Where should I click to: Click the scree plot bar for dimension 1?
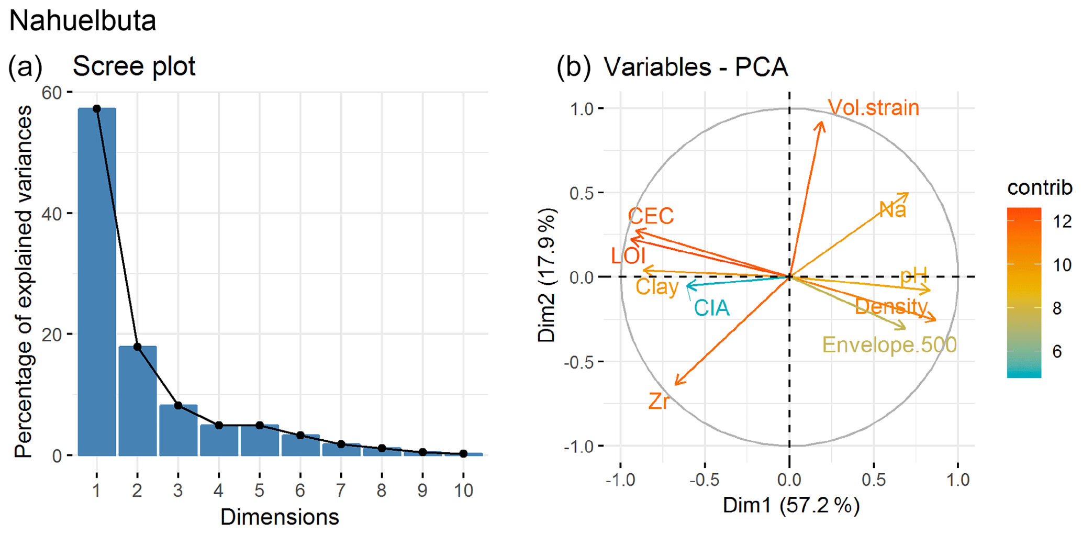97,283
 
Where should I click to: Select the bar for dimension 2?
137,401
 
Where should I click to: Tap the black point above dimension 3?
178,406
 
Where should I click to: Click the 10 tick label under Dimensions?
463,491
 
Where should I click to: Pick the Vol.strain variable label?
873,108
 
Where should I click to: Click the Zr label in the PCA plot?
659,402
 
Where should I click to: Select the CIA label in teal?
711,308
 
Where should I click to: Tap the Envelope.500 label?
889,345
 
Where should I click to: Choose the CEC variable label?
651,216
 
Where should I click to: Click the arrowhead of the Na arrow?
908,194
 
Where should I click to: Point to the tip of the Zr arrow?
676,384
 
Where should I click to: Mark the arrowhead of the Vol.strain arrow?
822,123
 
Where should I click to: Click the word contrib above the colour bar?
1039,187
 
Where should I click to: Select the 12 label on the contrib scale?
1062,221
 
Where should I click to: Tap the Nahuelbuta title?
83,21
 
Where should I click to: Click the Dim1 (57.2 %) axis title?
791,506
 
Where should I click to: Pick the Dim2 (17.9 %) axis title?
547,275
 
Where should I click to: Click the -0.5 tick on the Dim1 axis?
704,480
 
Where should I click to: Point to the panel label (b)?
574,67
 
